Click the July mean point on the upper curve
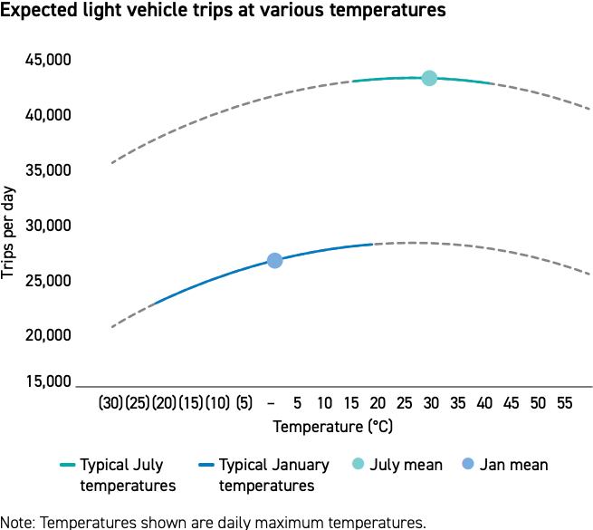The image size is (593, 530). tap(429, 78)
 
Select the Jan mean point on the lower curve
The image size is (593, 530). tap(275, 261)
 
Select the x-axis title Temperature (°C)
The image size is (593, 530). tap(333, 426)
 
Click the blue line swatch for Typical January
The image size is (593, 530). tap(205, 466)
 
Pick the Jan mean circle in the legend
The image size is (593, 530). tap(468, 465)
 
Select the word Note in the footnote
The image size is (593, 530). tap(16, 522)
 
